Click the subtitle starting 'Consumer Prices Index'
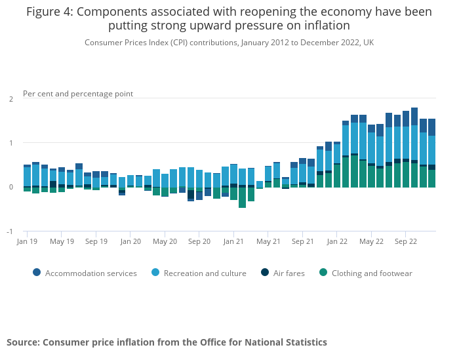[229, 43]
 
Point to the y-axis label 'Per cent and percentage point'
[78, 94]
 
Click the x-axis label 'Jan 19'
[27, 241]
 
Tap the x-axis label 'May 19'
[62, 241]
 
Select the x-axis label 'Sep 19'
[96, 241]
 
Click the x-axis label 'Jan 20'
[130, 241]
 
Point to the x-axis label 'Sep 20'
[199, 241]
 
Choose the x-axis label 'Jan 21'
[234, 241]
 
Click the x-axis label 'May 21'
[268, 241]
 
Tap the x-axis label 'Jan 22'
[337, 241]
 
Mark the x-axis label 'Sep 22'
[406, 241]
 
